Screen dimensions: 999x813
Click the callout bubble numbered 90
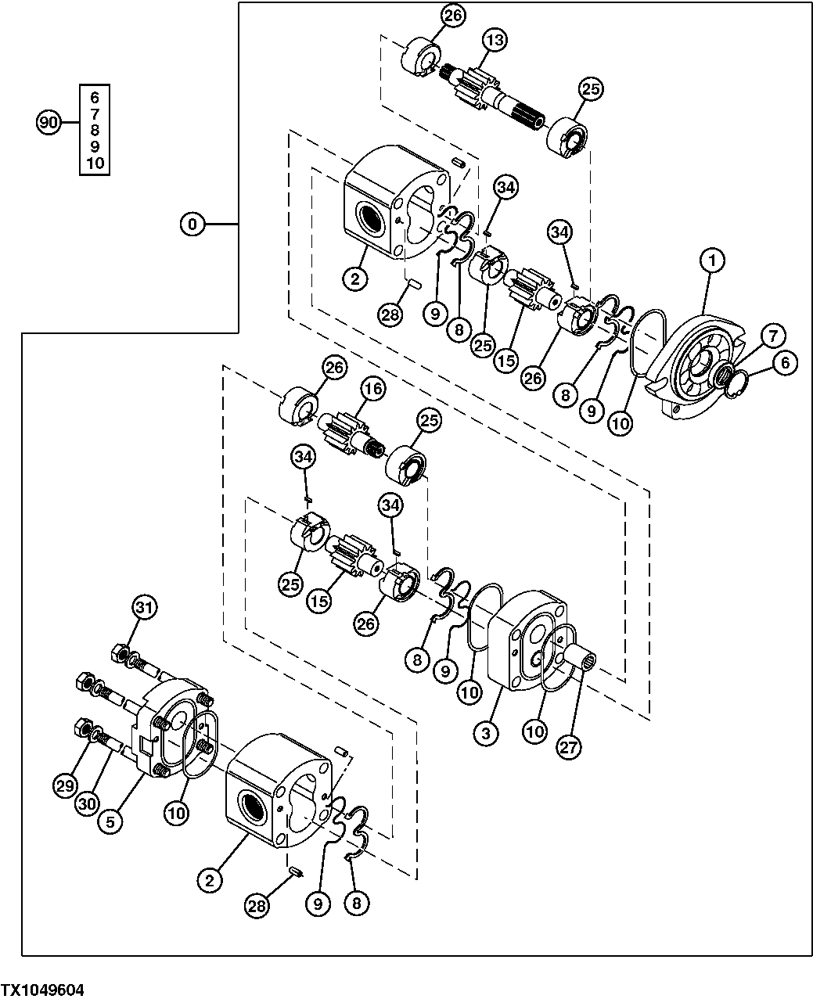(49, 123)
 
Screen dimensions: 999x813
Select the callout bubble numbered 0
(192, 225)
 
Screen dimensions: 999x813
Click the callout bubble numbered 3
(486, 733)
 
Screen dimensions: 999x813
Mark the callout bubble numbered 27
(569, 747)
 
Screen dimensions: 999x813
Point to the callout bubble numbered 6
(785, 362)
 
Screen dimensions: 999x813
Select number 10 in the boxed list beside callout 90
(95, 164)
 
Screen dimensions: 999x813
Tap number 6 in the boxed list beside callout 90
(95, 98)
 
